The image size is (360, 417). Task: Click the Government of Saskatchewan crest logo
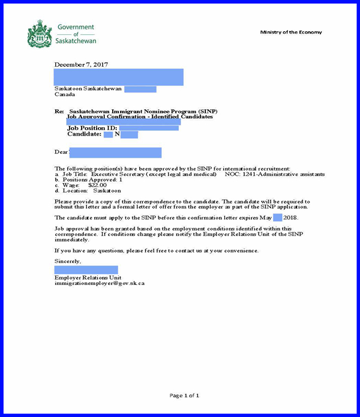[40, 34]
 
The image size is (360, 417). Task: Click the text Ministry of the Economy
[291, 32]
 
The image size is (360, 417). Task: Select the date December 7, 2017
[81, 64]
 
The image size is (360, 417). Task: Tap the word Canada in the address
[65, 94]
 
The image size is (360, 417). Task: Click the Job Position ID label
[92, 128]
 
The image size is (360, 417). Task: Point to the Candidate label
[84, 134]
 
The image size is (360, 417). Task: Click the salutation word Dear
[62, 152]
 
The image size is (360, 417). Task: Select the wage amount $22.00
[97, 185]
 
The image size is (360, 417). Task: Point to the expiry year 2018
[290, 217]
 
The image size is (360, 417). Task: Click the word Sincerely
[67, 262]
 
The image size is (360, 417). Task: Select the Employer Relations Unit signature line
[88, 277]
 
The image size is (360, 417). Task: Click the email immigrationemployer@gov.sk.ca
[99, 283]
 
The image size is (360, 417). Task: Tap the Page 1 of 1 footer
[184, 395]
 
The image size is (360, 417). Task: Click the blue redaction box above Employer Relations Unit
[86, 270]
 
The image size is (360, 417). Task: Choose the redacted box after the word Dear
[116, 152]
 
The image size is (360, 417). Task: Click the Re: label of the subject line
[59, 112]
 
